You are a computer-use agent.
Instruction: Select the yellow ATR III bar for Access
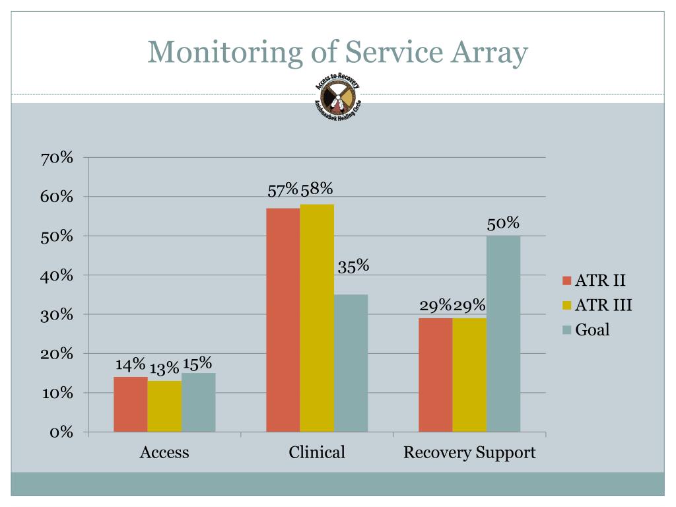click(164, 406)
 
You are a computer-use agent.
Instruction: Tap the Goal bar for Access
click(199, 402)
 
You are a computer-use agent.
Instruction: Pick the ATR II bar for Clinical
click(283, 320)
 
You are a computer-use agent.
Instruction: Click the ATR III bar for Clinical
click(317, 318)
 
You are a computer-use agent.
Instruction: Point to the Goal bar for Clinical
click(351, 363)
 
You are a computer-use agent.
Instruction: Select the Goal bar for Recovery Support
click(503, 333)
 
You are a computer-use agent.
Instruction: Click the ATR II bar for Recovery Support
click(436, 375)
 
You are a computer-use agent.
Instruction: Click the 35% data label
click(353, 267)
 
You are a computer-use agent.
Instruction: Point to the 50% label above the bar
click(503, 224)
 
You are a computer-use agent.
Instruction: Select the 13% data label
click(164, 368)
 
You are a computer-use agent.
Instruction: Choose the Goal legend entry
click(592, 329)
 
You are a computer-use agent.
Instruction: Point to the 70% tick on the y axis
click(57, 158)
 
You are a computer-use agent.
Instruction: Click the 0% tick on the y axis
click(60, 432)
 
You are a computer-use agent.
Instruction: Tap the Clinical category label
click(317, 453)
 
